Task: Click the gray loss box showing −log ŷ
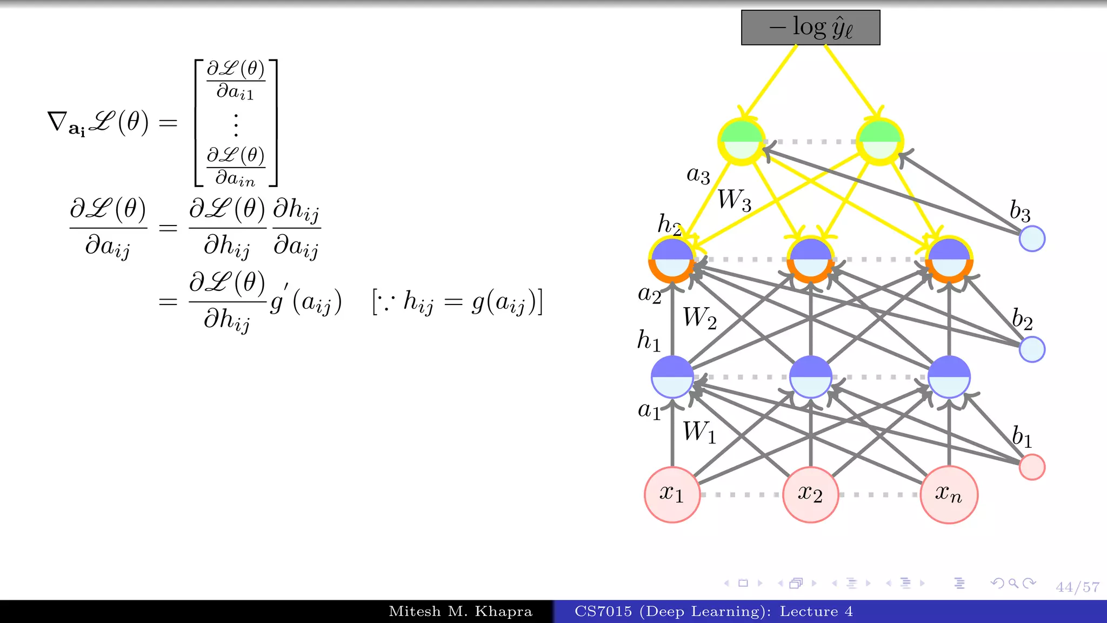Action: [810, 28]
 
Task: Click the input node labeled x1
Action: [672, 494]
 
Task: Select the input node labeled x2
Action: [810, 494]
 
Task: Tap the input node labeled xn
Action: [949, 494]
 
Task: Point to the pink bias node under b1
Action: [1032, 467]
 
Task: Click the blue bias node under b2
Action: [1032, 349]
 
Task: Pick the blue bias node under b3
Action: [1032, 238]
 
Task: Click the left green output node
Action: [742, 141]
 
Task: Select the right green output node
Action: [879, 141]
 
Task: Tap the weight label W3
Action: [734, 200]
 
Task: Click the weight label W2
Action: [699, 318]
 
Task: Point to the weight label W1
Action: [699, 432]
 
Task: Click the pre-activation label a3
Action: [698, 175]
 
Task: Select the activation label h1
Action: [649, 341]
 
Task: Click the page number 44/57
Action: [1077, 587]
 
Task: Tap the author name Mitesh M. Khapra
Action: [461, 612]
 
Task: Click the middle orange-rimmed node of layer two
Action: [810, 260]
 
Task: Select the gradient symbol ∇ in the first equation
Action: [57, 121]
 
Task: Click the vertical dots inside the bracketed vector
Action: [236, 125]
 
